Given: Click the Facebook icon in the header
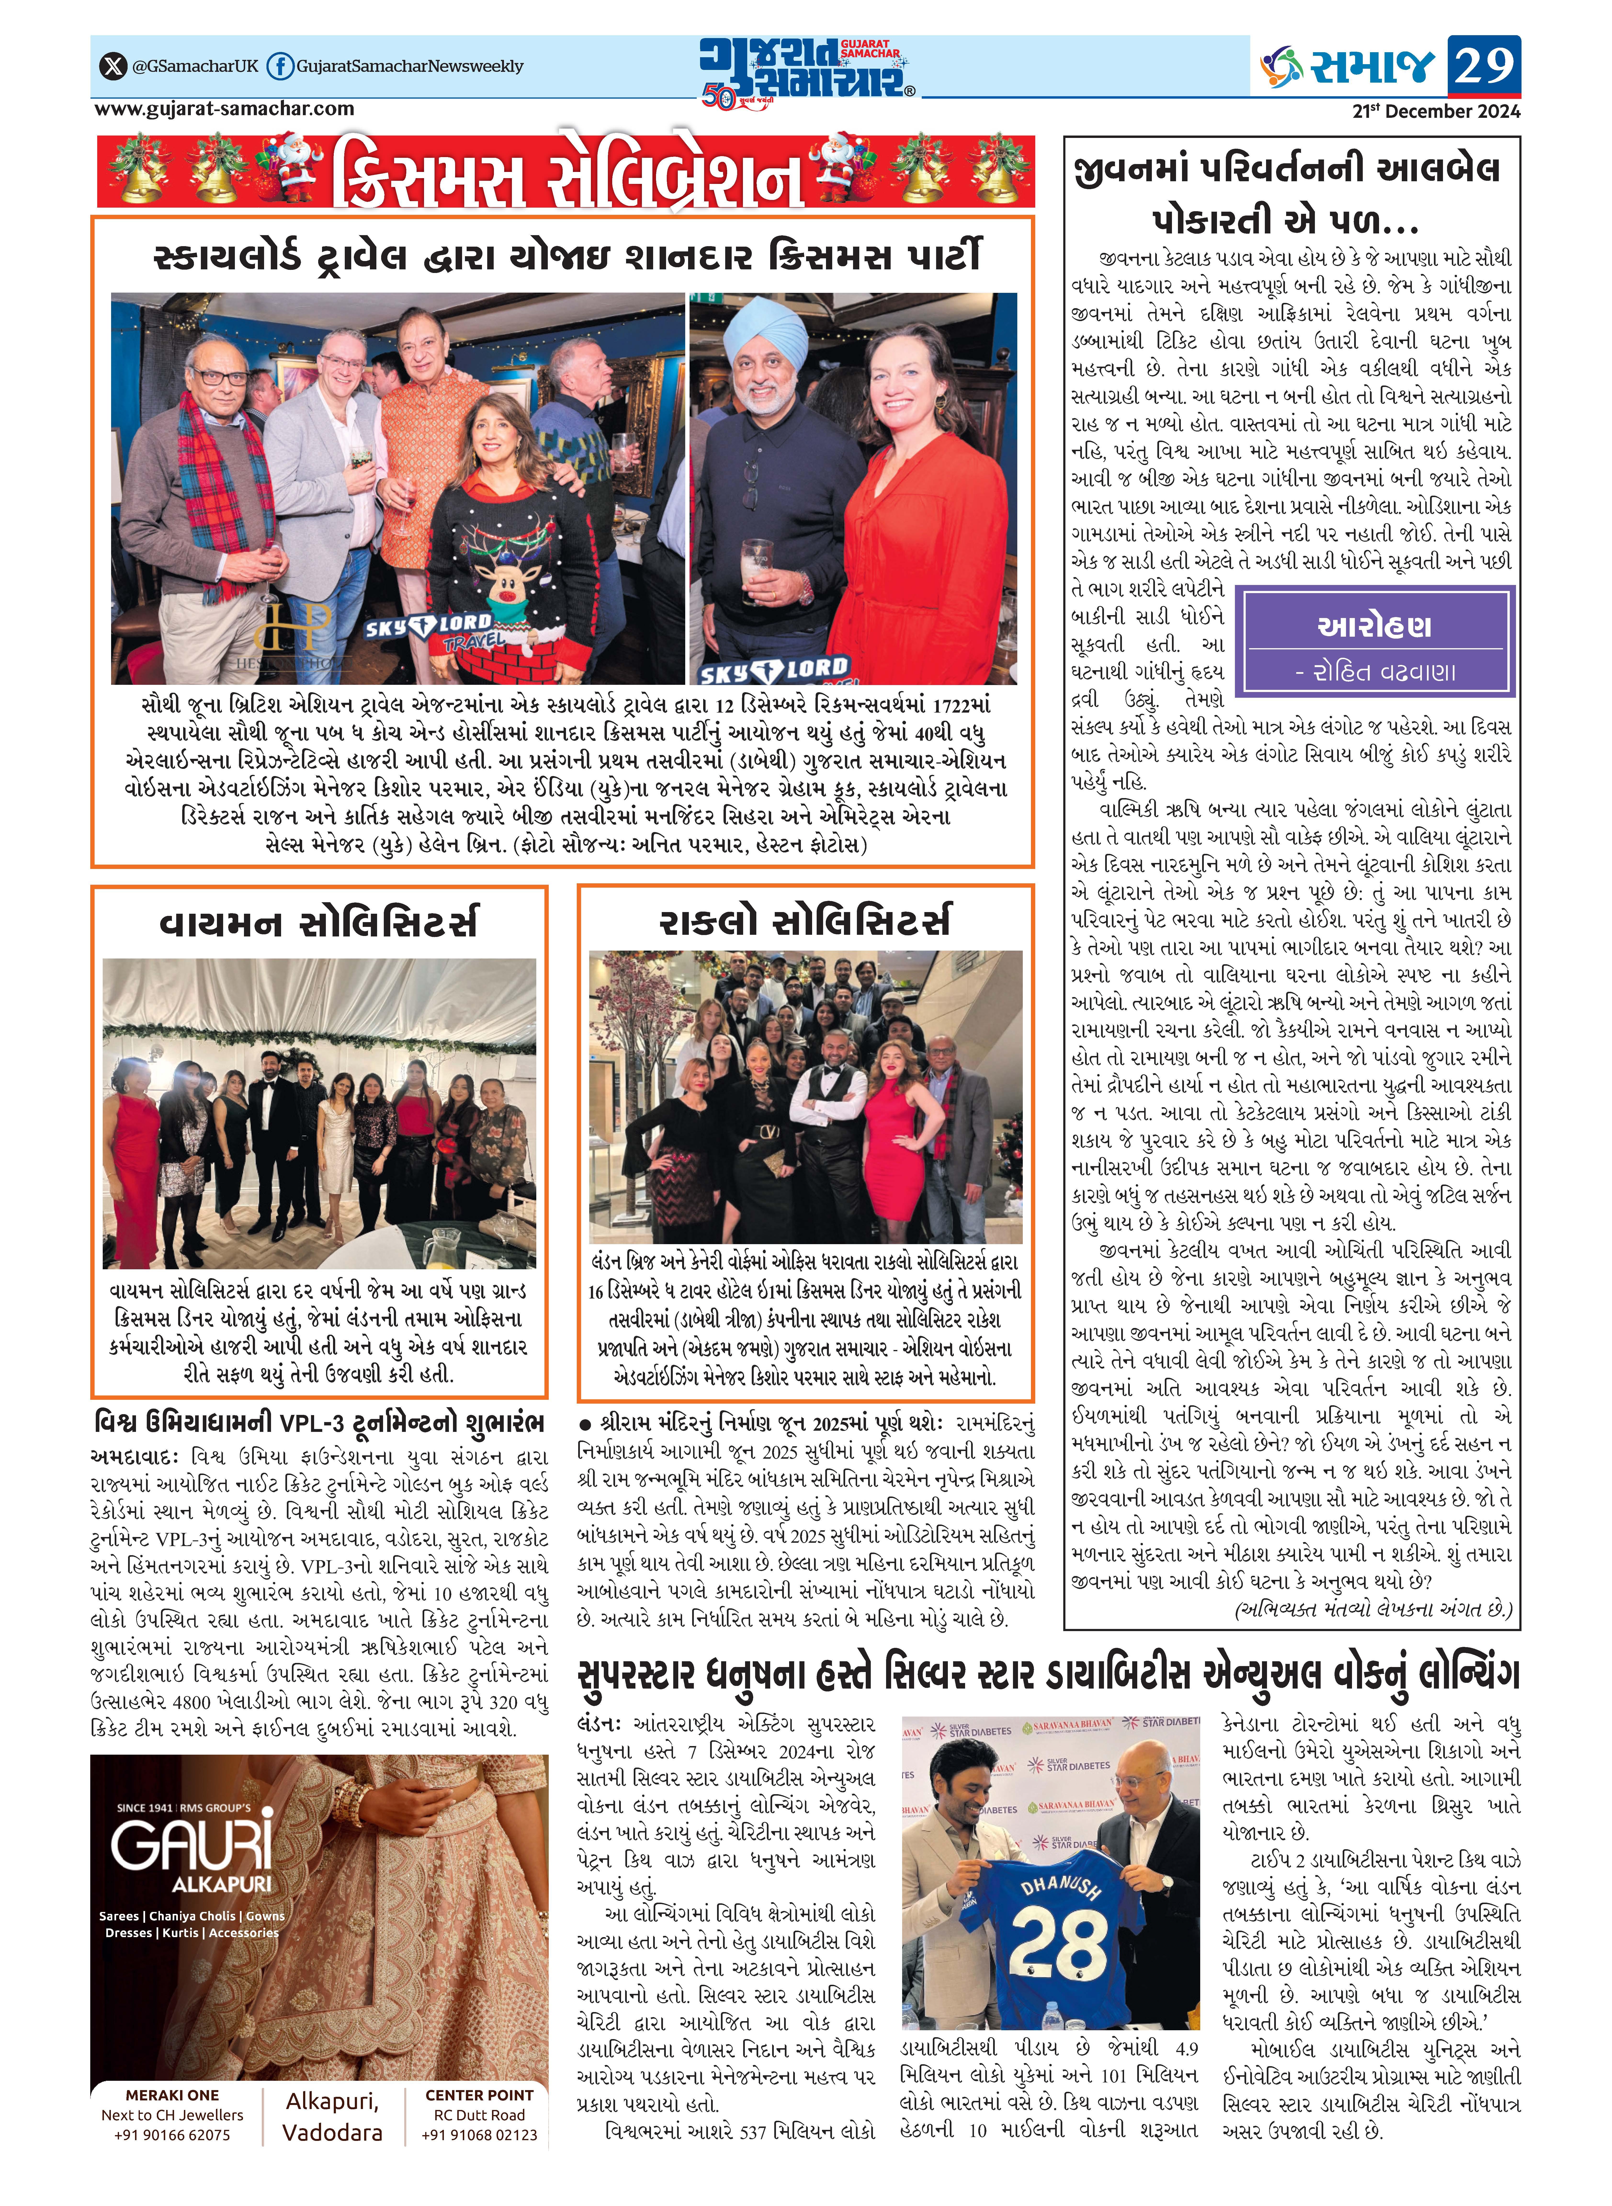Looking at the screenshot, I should click(280, 66).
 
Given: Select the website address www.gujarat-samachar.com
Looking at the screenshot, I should click(224, 109).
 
